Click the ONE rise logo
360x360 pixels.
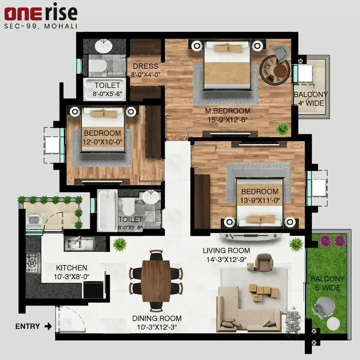coord(41,13)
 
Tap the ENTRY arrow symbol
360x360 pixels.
coord(48,326)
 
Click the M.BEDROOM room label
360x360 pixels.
coord(228,111)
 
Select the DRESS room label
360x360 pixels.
coord(146,66)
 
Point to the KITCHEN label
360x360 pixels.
coord(72,268)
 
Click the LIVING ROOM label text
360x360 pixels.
coord(226,251)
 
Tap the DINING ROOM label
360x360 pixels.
coord(157,318)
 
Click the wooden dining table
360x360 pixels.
coord(156,281)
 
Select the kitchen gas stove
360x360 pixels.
coord(33,263)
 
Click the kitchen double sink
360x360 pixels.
coord(79,244)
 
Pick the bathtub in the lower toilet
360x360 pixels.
coord(107,210)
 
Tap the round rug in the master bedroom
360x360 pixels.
coord(275,70)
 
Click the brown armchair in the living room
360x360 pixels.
coord(264,262)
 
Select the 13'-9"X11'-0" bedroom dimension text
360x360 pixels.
coord(260,200)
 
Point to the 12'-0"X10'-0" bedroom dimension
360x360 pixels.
coord(102,142)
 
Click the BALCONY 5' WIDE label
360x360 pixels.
coord(328,283)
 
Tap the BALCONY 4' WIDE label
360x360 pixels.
coord(311,99)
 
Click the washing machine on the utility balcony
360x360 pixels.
coord(34,220)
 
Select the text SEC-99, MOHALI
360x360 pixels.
coord(41,26)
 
